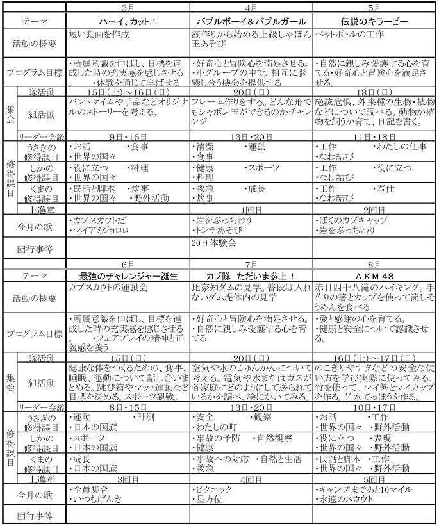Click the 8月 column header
pyautogui.click(x=374, y=264)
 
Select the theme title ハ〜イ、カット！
pyautogui.click(x=128, y=21)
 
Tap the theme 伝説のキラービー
pyautogui.click(x=374, y=21)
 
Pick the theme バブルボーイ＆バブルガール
pyautogui.click(x=251, y=21)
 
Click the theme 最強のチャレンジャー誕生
pyautogui.click(x=128, y=275)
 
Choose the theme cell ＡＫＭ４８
pyautogui.click(x=374, y=275)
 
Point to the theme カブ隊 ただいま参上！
pyautogui.click(x=251, y=275)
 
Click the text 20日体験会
pyautogui.click(x=214, y=243)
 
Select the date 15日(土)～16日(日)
pyautogui.click(x=128, y=92)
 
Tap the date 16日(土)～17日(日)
pyautogui.click(x=374, y=358)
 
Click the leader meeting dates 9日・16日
pyautogui.click(x=128, y=136)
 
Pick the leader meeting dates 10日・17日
pyautogui.click(x=374, y=407)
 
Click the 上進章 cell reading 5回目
pyautogui.click(x=374, y=479)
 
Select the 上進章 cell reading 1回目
pyautogui.click(x=251, y=210)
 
